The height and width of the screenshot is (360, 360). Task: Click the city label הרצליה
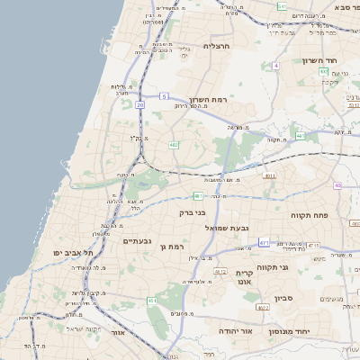(219, 45)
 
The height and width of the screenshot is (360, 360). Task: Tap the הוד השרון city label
(344, 55)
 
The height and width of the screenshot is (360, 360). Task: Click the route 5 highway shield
(164, 95)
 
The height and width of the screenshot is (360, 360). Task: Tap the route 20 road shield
(140, 105)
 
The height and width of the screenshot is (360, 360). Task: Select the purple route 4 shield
(275, 66)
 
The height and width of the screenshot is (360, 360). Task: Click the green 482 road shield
(173, 144)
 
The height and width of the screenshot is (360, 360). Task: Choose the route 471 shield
(264, 242)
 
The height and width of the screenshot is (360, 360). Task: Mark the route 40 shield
(337, 185)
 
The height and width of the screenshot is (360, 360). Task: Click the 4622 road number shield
(263, 308)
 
